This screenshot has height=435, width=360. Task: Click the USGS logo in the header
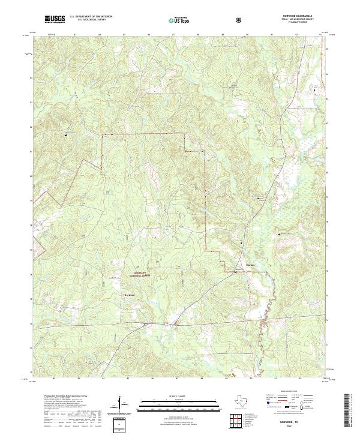55,19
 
